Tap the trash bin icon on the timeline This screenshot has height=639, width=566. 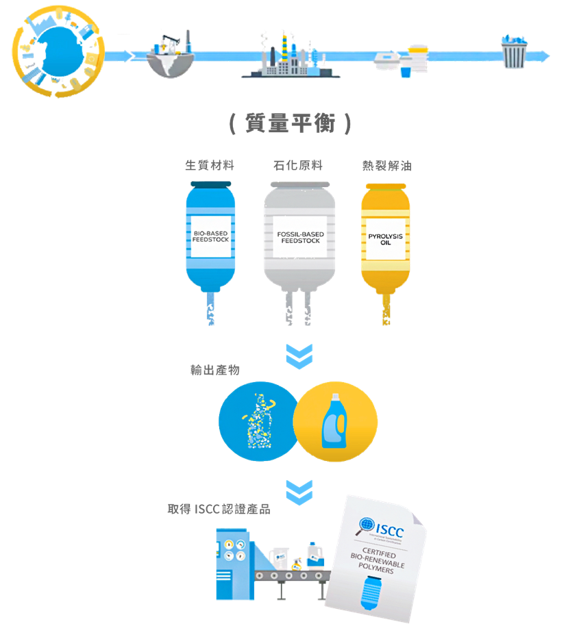pos(515,51)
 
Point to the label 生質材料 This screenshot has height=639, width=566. pos(210,165)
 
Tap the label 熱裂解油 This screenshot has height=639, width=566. pos(386,165)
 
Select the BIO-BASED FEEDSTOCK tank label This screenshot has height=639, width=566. pos(210,238)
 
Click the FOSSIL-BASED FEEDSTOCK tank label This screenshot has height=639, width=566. pos(300,238)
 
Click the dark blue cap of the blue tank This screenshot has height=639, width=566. pos(210,184)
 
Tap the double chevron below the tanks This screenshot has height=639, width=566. pos(299,356)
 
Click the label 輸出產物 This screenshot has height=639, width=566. pos(214,371)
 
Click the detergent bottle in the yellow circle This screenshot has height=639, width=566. pos(336,421)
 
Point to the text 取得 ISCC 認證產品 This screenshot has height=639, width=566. pos(219,509)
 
